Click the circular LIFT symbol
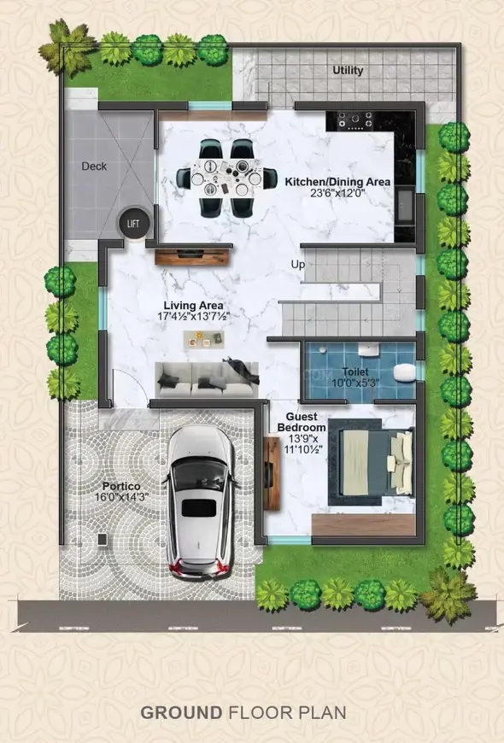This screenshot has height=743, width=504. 133,223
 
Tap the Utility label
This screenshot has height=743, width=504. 348,71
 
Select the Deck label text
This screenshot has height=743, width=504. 94,167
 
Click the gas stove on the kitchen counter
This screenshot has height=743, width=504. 355,120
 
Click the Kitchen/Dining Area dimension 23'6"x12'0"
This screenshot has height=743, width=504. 337,193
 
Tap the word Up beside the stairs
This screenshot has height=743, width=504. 298,265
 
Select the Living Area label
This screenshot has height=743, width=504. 193,306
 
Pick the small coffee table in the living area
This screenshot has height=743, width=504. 204,339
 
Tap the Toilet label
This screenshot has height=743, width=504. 355,372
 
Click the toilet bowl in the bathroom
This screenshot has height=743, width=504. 404,372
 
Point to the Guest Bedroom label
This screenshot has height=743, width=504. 302,422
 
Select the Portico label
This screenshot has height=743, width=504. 121,487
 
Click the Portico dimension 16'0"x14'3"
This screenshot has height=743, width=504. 121,496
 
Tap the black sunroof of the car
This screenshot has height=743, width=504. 199,508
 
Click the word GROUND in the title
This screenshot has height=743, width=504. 181,712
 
